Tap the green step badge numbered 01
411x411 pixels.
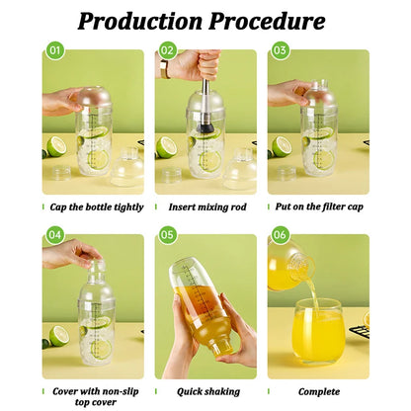54,49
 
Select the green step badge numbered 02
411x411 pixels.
167,49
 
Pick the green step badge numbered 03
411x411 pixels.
280,49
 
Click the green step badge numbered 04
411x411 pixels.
54,234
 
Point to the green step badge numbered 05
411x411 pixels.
167,234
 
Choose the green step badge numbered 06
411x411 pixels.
280,234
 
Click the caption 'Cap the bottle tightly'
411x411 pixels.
96,206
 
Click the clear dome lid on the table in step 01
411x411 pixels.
126,167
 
